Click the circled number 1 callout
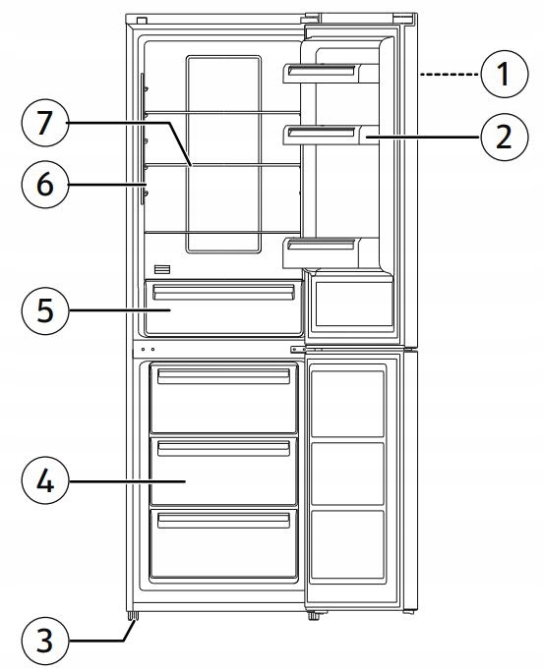[x=505, y=74]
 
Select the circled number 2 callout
[x=505, y=138]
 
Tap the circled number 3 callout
[x=45, y=640]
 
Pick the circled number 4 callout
[x=45, y=480]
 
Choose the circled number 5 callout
[x=45, y=309]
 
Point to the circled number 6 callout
[x=45, y=184]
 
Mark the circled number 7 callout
[x=45, y=123]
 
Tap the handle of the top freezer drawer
[x=223, y=376]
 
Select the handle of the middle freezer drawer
[x=223, y=449]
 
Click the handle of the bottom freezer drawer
[x=223, y=521]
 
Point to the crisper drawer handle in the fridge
[x=223, y=293]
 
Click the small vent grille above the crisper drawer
[x=162, y=269]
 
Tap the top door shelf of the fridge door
[x=331, y=73]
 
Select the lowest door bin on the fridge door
[x=331, y=252]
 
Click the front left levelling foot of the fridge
[x=133, y=616]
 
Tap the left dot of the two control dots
[x=143, y=350]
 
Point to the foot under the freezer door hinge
[x=314, y=617]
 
